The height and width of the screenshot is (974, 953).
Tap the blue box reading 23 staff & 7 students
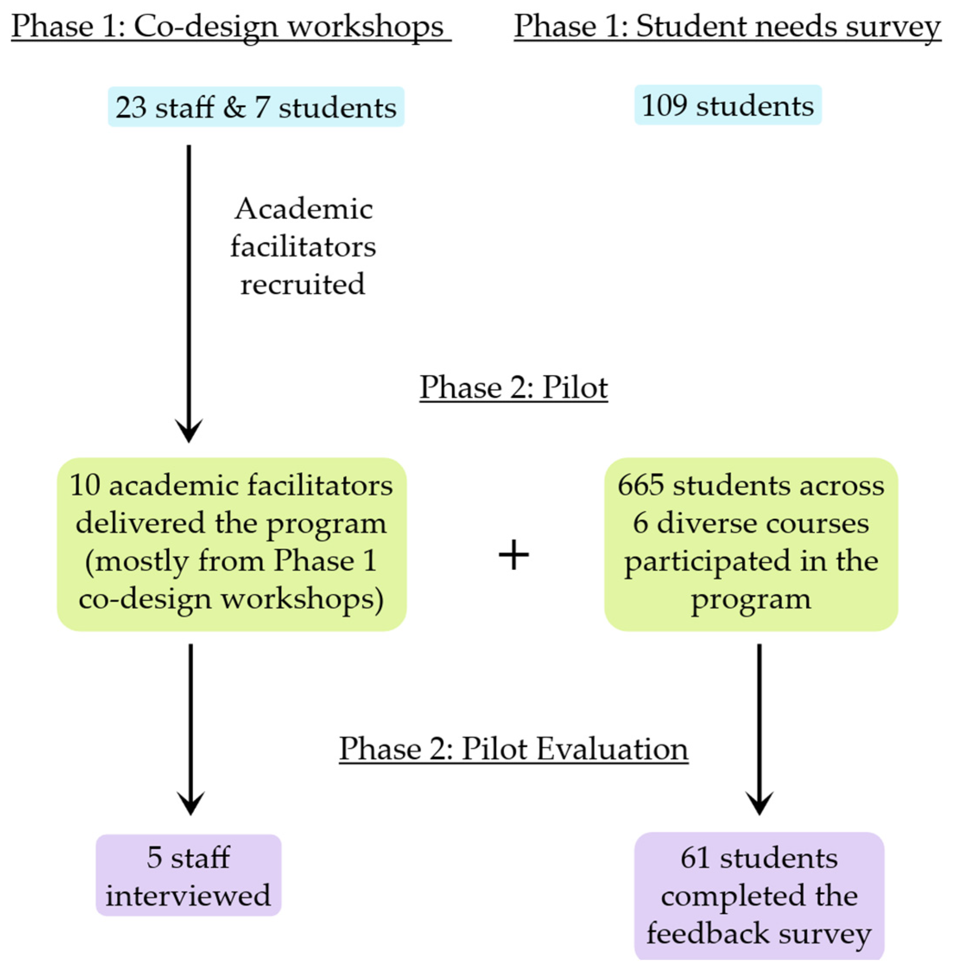click(256, 107)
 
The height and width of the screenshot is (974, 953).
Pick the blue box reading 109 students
click(727, 105)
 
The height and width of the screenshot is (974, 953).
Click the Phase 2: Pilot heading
click(514, 387)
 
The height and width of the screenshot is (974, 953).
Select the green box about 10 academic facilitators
click(231, 544)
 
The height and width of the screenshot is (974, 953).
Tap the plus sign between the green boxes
click(514, 555)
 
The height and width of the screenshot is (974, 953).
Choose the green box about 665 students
click(751, 544)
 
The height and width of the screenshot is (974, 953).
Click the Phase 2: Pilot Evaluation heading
click(514, 749)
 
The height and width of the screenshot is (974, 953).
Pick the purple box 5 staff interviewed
click(188, 875)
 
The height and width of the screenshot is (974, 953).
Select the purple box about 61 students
click(759, 896)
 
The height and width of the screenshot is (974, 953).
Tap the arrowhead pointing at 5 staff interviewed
click(190, 803)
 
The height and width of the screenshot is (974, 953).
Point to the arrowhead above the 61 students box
click(759, 803)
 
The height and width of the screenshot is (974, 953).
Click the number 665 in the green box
click(640, 485)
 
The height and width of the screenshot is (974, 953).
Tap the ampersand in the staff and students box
click(234, 107)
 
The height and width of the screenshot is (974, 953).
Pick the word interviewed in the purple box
click(188, 895)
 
